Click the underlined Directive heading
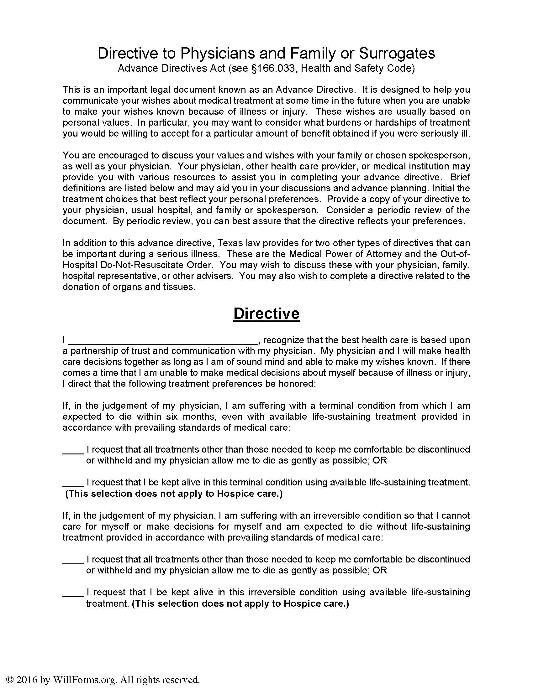(266, 313)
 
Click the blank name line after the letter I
(163, 341)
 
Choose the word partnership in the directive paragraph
(97, 351)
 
